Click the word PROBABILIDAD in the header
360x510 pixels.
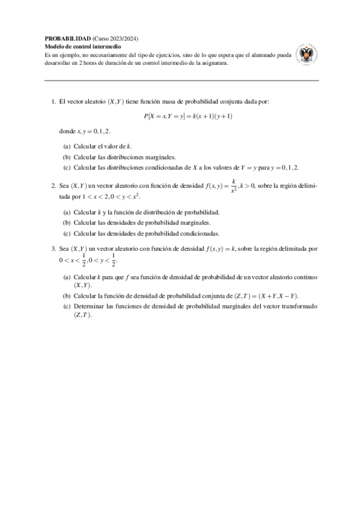(x=68, y=38)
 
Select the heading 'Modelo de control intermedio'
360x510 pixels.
(x=84, y=46)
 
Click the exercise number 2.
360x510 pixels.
(x=53, y=186)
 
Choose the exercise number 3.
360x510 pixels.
(x=53, y=248)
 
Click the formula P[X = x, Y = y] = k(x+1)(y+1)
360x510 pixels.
(x=188, y=115)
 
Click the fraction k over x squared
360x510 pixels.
(x=233, y=186)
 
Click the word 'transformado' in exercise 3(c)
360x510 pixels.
(x=299, y=307)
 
